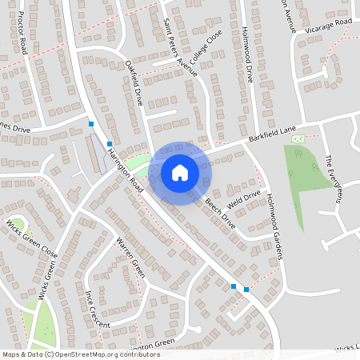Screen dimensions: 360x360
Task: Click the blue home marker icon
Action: [180, 173]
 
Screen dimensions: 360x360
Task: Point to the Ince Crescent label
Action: [97, 307]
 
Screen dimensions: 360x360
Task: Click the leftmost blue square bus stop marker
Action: [92, 123]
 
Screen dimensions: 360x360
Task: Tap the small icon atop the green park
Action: [298, 139]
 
